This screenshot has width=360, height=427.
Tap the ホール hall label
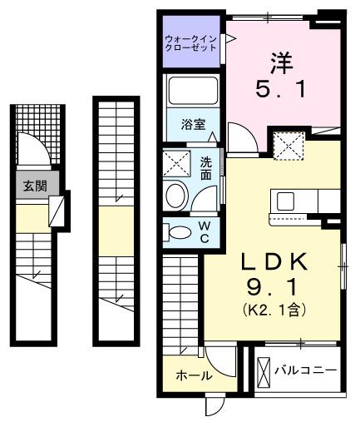193,376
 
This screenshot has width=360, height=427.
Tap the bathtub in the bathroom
193,92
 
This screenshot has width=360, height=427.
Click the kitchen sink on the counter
286,201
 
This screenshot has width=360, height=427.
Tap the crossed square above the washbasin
176,162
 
